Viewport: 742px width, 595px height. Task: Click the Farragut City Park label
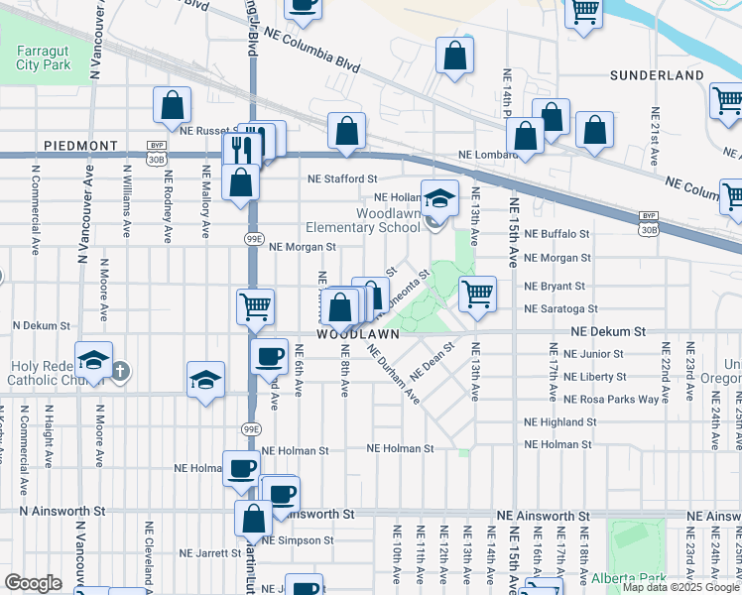(44, 58)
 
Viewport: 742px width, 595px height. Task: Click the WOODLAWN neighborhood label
(357, 335)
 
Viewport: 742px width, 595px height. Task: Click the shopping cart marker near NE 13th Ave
(478, 294)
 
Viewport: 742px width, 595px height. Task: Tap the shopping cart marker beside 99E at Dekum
(255, 307)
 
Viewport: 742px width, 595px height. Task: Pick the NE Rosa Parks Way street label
(610, 399)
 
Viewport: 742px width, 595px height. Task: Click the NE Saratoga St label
(560, 309)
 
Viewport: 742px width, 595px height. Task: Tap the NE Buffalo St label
(556, 234)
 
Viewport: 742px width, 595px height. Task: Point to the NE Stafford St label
(343, 179)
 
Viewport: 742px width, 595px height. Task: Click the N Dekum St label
(42, 325)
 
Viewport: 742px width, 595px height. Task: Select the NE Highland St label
(560, 422)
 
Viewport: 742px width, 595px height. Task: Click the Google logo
(34, 583)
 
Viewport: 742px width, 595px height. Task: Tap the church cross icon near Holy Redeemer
(119, 371)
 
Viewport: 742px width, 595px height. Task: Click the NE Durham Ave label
(394, 375)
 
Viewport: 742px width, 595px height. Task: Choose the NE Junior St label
(593, 354)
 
